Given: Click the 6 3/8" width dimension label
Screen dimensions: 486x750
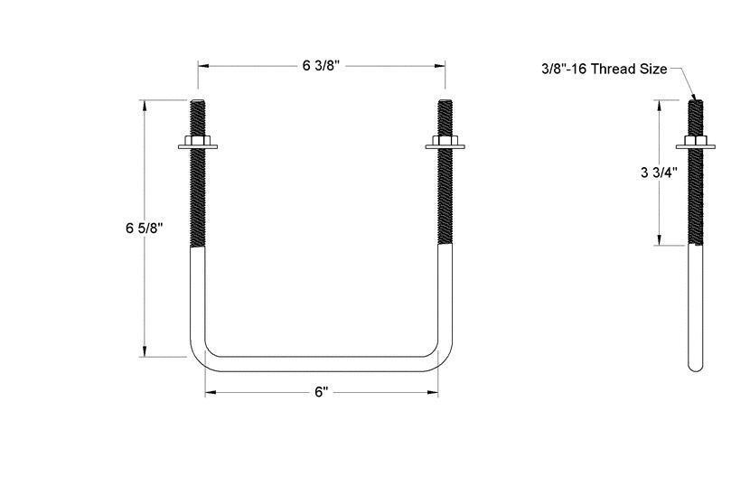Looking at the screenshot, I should tap(321, 65).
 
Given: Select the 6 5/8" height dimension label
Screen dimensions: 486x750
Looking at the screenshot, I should tap(144, 229).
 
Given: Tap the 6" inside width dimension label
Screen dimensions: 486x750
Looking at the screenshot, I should tap(321, 392).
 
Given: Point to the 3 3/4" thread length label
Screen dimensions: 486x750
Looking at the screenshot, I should tap(659, 171).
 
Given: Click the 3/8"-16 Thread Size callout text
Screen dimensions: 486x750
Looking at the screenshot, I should tap(604, 69).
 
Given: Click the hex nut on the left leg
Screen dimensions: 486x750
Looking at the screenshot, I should tap(199, 142).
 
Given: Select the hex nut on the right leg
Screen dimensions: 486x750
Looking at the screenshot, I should tap(444, 142).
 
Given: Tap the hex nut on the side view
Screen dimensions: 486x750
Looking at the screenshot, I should tap(694, 142).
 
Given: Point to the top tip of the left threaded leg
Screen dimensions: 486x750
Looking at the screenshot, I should tap(199, 100).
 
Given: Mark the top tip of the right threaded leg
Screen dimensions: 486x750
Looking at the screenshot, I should tap(444, 100).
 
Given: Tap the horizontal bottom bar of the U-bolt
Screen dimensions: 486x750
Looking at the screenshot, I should tap(321, 363).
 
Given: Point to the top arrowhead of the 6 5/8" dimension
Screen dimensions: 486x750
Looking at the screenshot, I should tap(144, 104).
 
